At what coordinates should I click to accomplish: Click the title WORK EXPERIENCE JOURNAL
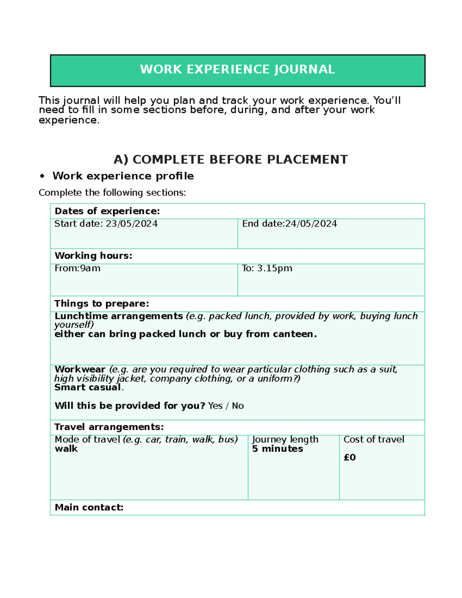tap(237, 69)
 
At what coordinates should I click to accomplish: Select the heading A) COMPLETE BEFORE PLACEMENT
tap(231, 159)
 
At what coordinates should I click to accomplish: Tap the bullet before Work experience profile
tap(42, 176)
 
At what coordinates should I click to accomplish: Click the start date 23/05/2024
tap(132, 224)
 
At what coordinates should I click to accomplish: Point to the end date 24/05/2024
tap(311, 224)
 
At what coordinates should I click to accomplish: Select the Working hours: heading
tap(93, 256)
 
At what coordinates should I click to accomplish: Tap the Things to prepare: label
tap(102, 303)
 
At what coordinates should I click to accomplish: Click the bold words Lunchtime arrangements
tap(119, 316)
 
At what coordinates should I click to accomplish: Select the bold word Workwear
tap(80, 369)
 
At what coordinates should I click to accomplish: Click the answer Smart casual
tap(89, 387)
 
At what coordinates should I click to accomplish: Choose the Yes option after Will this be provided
tap(215, 406)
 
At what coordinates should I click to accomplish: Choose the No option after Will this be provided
tap(238, 406)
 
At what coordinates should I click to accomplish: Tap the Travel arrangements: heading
tap(109, 427)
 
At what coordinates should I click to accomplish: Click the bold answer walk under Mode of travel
tap(66, 449)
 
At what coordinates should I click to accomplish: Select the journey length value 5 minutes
tap(277, 449)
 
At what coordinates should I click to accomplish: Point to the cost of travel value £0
tap(350, 457)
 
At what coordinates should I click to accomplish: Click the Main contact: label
tap(89, 508)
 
